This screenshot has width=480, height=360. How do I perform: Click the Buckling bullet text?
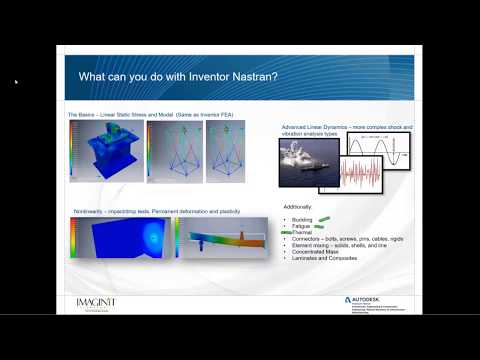(x=302, y=218)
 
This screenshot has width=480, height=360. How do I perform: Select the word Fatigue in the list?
(x=301, y=226)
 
